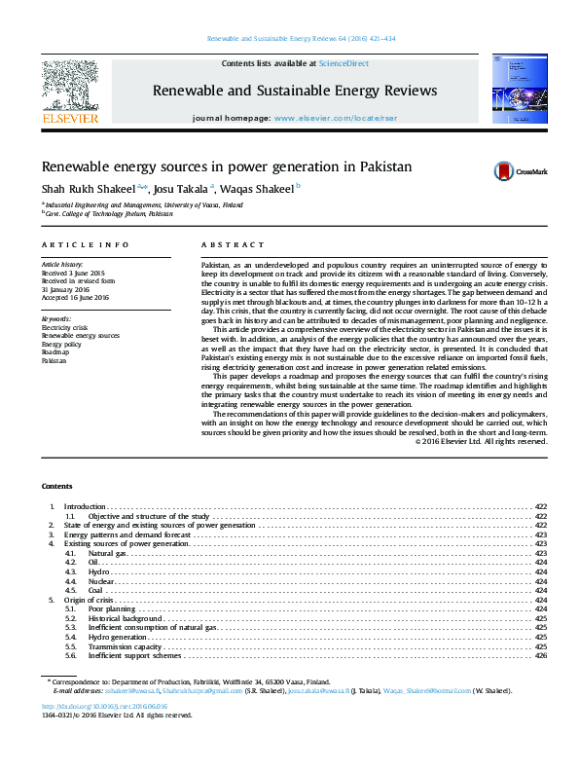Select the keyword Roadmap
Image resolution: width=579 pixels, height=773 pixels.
point(55,351)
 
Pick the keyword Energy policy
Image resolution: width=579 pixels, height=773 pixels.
point(61,344)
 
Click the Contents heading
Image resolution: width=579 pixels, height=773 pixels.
point(56,485)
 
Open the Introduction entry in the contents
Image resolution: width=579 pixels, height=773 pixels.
point(85,507)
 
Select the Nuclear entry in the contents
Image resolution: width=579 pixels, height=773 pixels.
point(101,581)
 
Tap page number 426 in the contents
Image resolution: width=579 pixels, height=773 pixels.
point(541,655)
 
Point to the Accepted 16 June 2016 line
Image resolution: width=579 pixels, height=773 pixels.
point(75,297)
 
